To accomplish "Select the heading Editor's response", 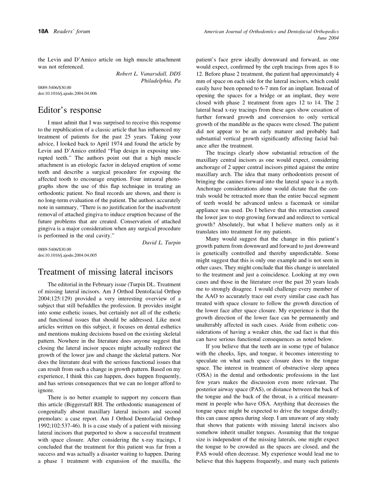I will pos(70,110).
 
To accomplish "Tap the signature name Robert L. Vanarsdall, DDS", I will pos(148,74).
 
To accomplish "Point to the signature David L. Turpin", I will pos(161,242).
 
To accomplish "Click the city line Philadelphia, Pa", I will pos(161,81).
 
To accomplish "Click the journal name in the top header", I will pos(271,32).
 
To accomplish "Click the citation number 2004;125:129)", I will pos(54,299).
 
